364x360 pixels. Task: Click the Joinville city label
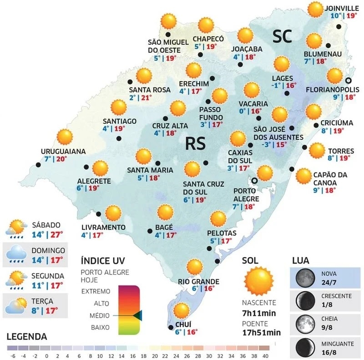click(342, 7)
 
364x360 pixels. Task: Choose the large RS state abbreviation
click(196, 143)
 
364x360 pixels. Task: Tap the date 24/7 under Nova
click(328, 281)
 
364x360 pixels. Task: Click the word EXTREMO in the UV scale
click(96, 291)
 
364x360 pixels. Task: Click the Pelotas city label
click(222, 233)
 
